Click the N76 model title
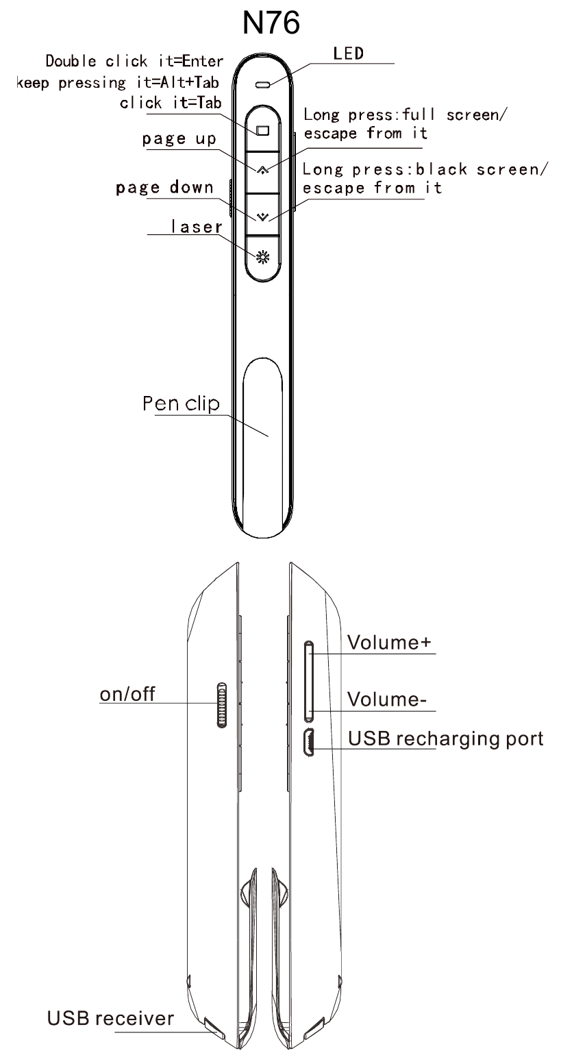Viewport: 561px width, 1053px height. [x=271, y=23]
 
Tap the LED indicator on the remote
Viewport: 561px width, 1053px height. [x=262, y=85]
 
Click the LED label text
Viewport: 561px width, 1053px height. [x=348, y=53]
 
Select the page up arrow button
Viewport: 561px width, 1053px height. [x=263, y=171]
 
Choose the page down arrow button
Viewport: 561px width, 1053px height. [x=263, y=214]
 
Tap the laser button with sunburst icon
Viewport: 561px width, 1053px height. [x=263, y=258]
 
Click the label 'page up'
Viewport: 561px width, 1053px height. [x=179, y=139]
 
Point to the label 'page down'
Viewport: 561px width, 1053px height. [x=164, y=188]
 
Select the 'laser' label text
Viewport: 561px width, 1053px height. [x=197, y=227]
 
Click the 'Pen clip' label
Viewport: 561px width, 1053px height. [x=181, y=404]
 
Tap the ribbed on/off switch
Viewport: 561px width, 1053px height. [x=222, y=705]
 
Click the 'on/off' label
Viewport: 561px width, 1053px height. [x=127, y=694]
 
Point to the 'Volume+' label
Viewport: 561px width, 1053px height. [x=389, y=642]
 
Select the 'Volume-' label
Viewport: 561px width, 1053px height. [x=387, y=699]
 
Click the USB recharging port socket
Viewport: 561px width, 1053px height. [x=309, y=742]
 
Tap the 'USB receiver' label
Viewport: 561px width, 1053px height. [x=110, y=1018]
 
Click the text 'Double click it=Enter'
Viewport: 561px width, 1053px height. [x=134, y=61]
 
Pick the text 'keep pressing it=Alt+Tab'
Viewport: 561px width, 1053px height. [x=118, y=83]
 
